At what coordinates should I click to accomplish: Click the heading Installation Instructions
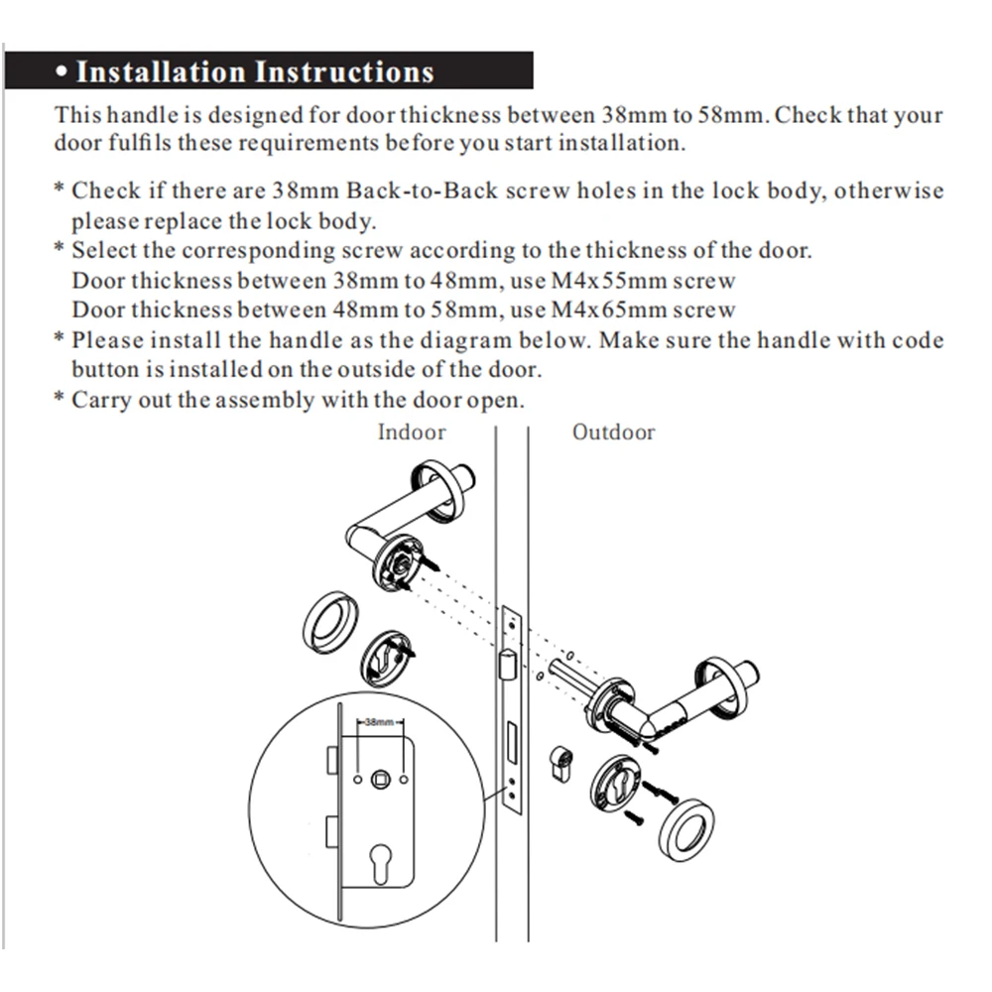[x=255, y=72]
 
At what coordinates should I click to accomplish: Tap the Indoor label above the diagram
[x=412, y=433]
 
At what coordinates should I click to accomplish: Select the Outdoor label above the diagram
[x=613, y=433]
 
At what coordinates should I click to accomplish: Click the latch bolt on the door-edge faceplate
[x=507, y=663]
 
